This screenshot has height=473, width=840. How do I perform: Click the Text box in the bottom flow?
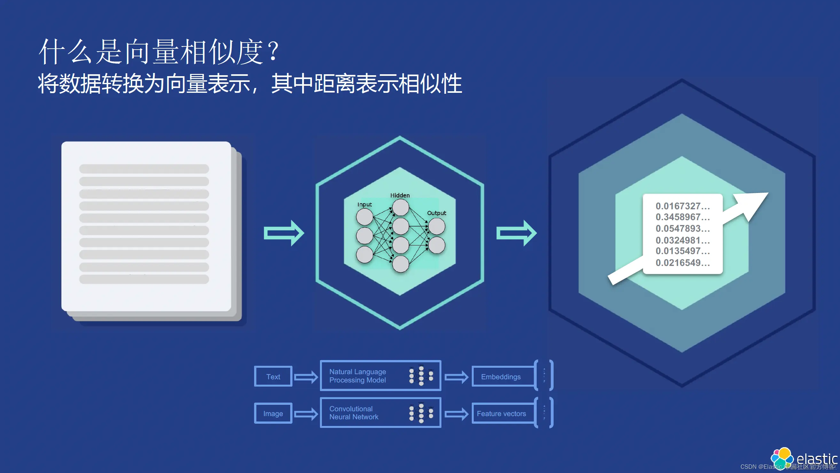(x=273, y=376)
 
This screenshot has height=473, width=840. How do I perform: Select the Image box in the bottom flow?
(x=273, y=413)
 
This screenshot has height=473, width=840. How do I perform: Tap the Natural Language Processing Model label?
(x=357, y=376)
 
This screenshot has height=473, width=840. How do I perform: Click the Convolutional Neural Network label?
(x=354, y=413)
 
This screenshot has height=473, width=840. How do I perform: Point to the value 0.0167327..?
(x=682, y=206)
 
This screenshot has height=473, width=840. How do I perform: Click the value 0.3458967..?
(x=682, y=217)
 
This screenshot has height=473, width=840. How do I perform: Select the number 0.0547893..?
(x=682, y=228)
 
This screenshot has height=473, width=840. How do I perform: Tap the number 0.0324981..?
(x=682, y=240)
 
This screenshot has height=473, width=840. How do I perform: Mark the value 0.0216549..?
(x=682, y=262)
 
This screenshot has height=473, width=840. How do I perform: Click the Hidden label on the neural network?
(x=400, y=195)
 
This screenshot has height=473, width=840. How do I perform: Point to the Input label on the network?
(x=364, y=204)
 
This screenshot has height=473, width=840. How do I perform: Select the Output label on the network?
(x=436, y=213)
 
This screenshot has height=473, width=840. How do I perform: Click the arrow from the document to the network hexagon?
(x=284, y=233)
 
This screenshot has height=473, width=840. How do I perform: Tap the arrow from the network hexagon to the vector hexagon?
(x=516, y=233)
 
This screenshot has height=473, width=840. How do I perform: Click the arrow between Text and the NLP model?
(x=306, y=377)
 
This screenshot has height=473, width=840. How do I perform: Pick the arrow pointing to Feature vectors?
(x=456, y=414)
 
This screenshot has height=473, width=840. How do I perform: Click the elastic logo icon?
(x=782, y=457)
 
